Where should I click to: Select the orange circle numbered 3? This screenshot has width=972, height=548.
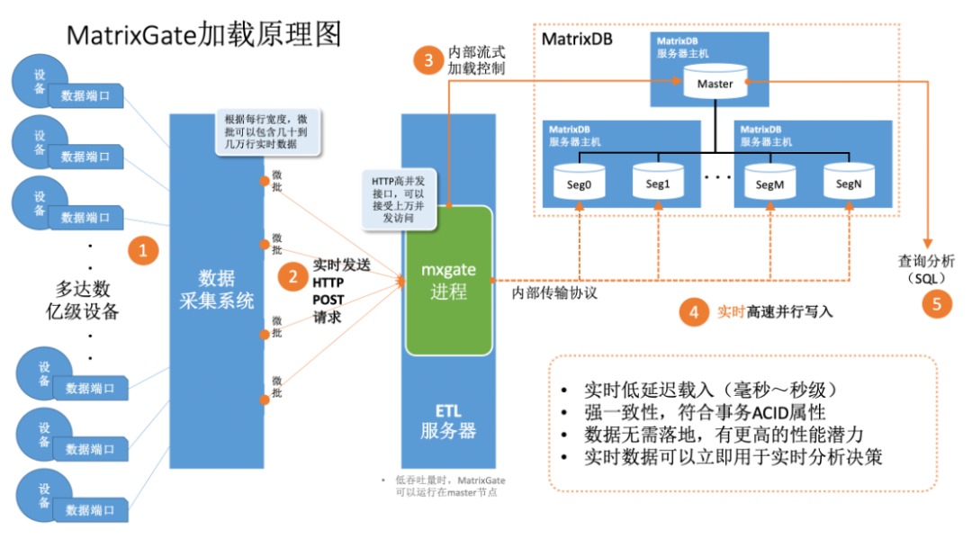[x=428, y=60]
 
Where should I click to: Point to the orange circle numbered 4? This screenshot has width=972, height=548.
[x=693, y=312]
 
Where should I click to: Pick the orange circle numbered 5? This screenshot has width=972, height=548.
[x=937, y=304]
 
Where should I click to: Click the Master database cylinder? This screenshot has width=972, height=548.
[x=715, y=84]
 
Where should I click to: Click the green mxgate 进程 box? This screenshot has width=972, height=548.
[x=448, y=279]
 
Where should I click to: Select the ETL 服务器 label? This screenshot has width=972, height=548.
[x=447, y=420]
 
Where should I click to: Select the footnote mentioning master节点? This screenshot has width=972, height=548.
[x=440, y=486]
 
